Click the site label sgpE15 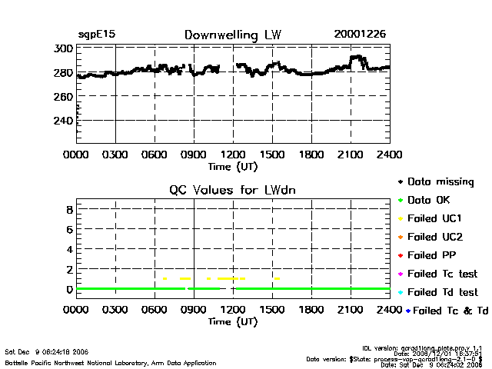[x=96, y=35]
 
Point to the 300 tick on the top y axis [x=64, y=48]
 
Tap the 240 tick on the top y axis [x=64, y=121]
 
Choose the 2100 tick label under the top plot [x=351, y=155]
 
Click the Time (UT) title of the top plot [x=233, y=165]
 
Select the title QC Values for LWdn [x=233, y=190]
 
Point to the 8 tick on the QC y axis [x=68, y=209]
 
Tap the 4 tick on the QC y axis [x=68, y=249]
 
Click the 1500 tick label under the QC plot [x=272, y=310]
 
